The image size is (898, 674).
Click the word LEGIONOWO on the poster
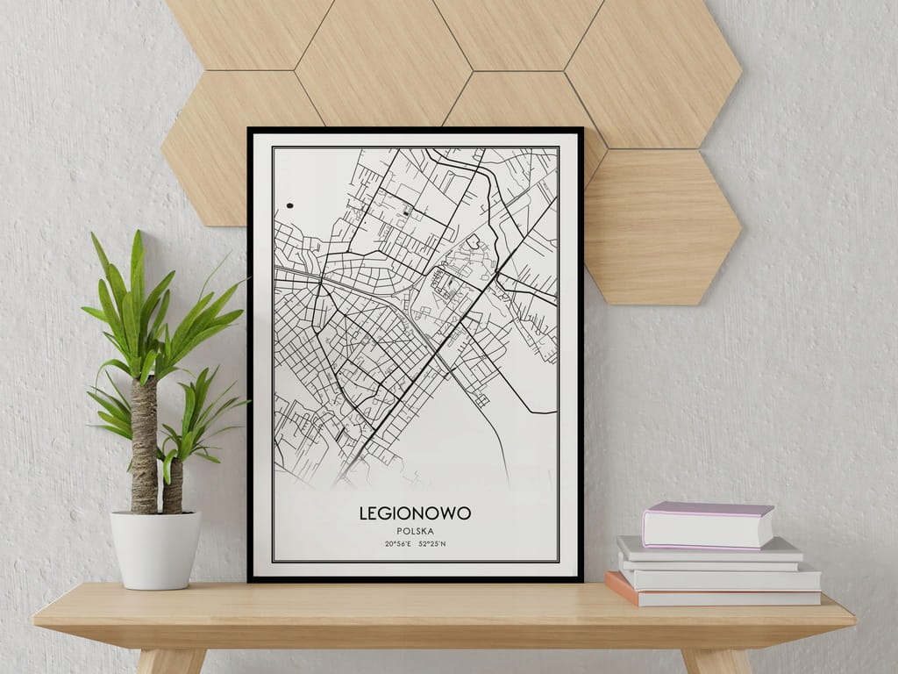pos(415,513)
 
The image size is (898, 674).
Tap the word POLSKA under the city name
pos(415,531)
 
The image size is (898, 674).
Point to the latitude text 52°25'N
pos(432,544)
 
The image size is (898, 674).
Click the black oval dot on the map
pos(289,206)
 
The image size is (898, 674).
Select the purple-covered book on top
pos(707,525)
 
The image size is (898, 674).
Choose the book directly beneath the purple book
pos(710,551)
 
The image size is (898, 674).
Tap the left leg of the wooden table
pos(172,660)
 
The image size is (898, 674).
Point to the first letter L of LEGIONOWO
pos(363,513)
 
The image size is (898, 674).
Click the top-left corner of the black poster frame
pos(250,130)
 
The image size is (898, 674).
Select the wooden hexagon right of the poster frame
pos(662,226)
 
